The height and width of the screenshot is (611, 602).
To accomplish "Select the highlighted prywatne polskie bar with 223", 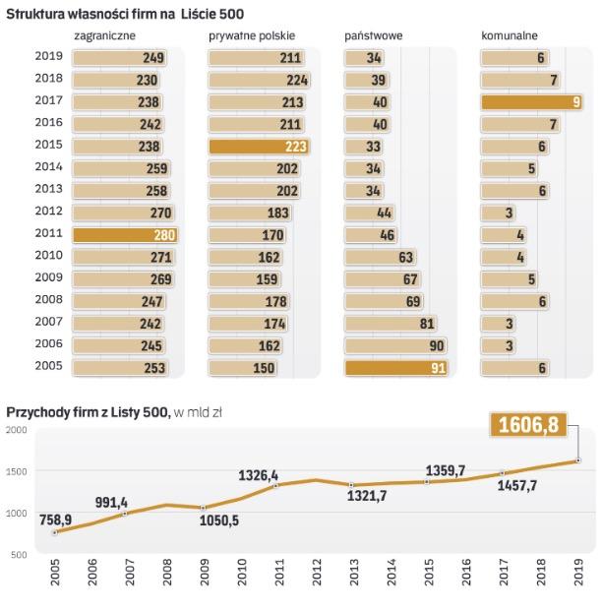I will tap(259, 147).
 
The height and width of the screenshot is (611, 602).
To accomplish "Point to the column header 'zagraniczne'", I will tap(104, 35).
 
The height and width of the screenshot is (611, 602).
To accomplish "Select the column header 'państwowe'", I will tap(373, 35).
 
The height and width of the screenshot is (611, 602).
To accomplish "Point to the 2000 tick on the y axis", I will tap(16, 430).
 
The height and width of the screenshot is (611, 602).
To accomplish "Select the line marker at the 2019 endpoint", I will tap(577, 459).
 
